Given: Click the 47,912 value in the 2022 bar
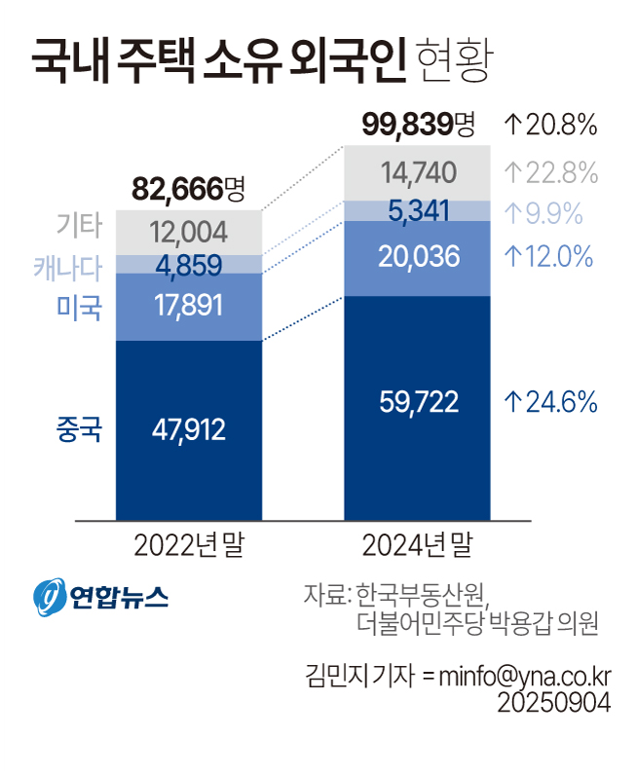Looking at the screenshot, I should (189, 429).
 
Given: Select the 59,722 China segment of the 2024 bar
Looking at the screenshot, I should (418, 402).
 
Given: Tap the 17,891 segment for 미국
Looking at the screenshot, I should (189, 307).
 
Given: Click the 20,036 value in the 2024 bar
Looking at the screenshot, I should (418, 257).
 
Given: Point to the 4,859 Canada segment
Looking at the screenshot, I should (189, 264).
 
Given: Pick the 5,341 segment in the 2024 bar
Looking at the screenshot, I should (418, 210).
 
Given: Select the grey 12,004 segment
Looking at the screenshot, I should (189, 232).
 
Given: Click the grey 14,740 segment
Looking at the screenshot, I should (418, 173).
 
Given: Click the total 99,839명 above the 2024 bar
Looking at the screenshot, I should (417, 124).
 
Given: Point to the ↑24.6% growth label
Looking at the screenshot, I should (550, 402).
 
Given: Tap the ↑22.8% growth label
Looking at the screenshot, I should (550, 173).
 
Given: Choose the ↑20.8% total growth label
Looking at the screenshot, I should (550, 125).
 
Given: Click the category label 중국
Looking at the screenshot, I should (80, 429).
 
